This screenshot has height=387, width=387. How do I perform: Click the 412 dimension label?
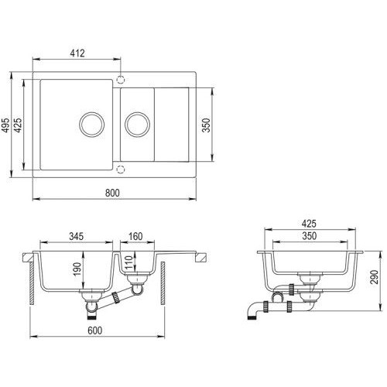77,53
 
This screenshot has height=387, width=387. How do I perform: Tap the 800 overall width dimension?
112,193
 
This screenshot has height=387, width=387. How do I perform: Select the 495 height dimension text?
5,125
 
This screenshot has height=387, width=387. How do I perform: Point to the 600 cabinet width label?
95,330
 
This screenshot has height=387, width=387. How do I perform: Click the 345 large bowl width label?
77,236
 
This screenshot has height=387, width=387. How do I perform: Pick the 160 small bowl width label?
135,236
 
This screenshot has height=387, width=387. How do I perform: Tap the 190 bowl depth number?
77,269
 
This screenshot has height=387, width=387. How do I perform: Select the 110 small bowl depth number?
128,262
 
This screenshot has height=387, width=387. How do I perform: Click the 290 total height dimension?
374,277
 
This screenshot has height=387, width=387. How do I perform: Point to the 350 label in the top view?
206,125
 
